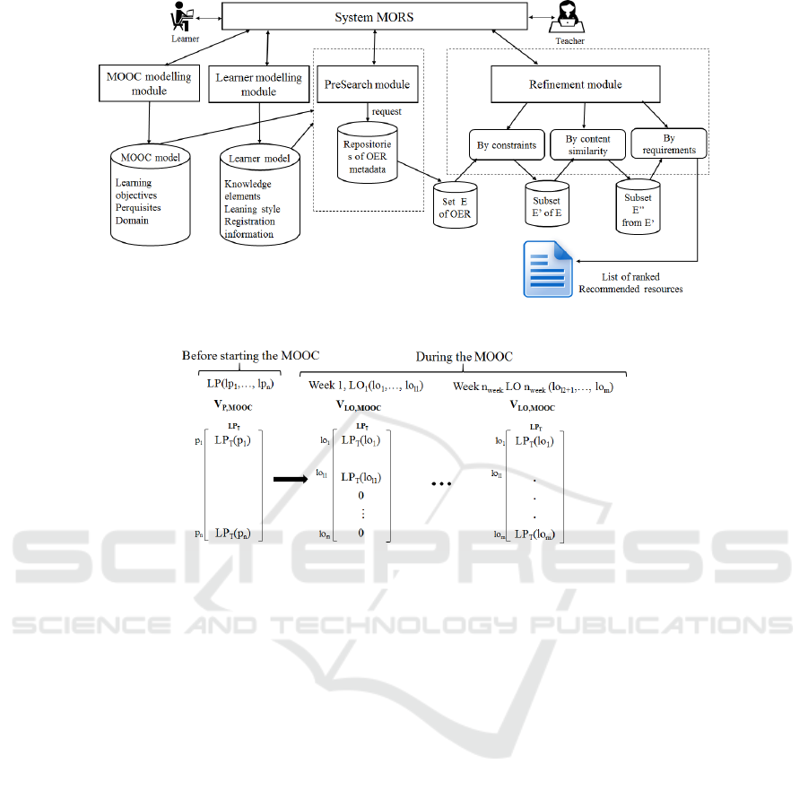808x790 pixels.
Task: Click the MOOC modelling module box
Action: point(145,83)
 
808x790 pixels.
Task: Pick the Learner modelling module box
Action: point(258,84)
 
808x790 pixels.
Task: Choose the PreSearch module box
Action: point(365,84)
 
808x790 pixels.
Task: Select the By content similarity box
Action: point(587,144)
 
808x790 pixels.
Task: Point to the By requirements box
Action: point(669,144)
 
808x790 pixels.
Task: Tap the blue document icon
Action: point(548,270)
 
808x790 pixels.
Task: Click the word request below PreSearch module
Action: point(387,111)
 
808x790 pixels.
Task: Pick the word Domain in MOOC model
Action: point(131,220)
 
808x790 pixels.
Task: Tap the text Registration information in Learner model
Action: point(249,228)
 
